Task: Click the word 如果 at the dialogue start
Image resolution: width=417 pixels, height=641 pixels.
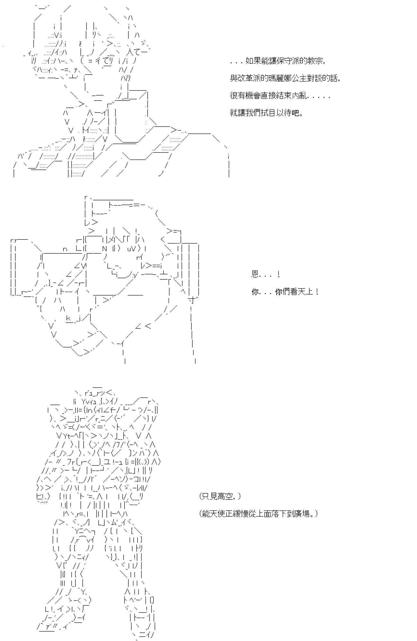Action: tap(252, 61)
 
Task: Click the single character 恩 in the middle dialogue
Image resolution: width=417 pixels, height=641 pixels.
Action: tap(255, 274)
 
